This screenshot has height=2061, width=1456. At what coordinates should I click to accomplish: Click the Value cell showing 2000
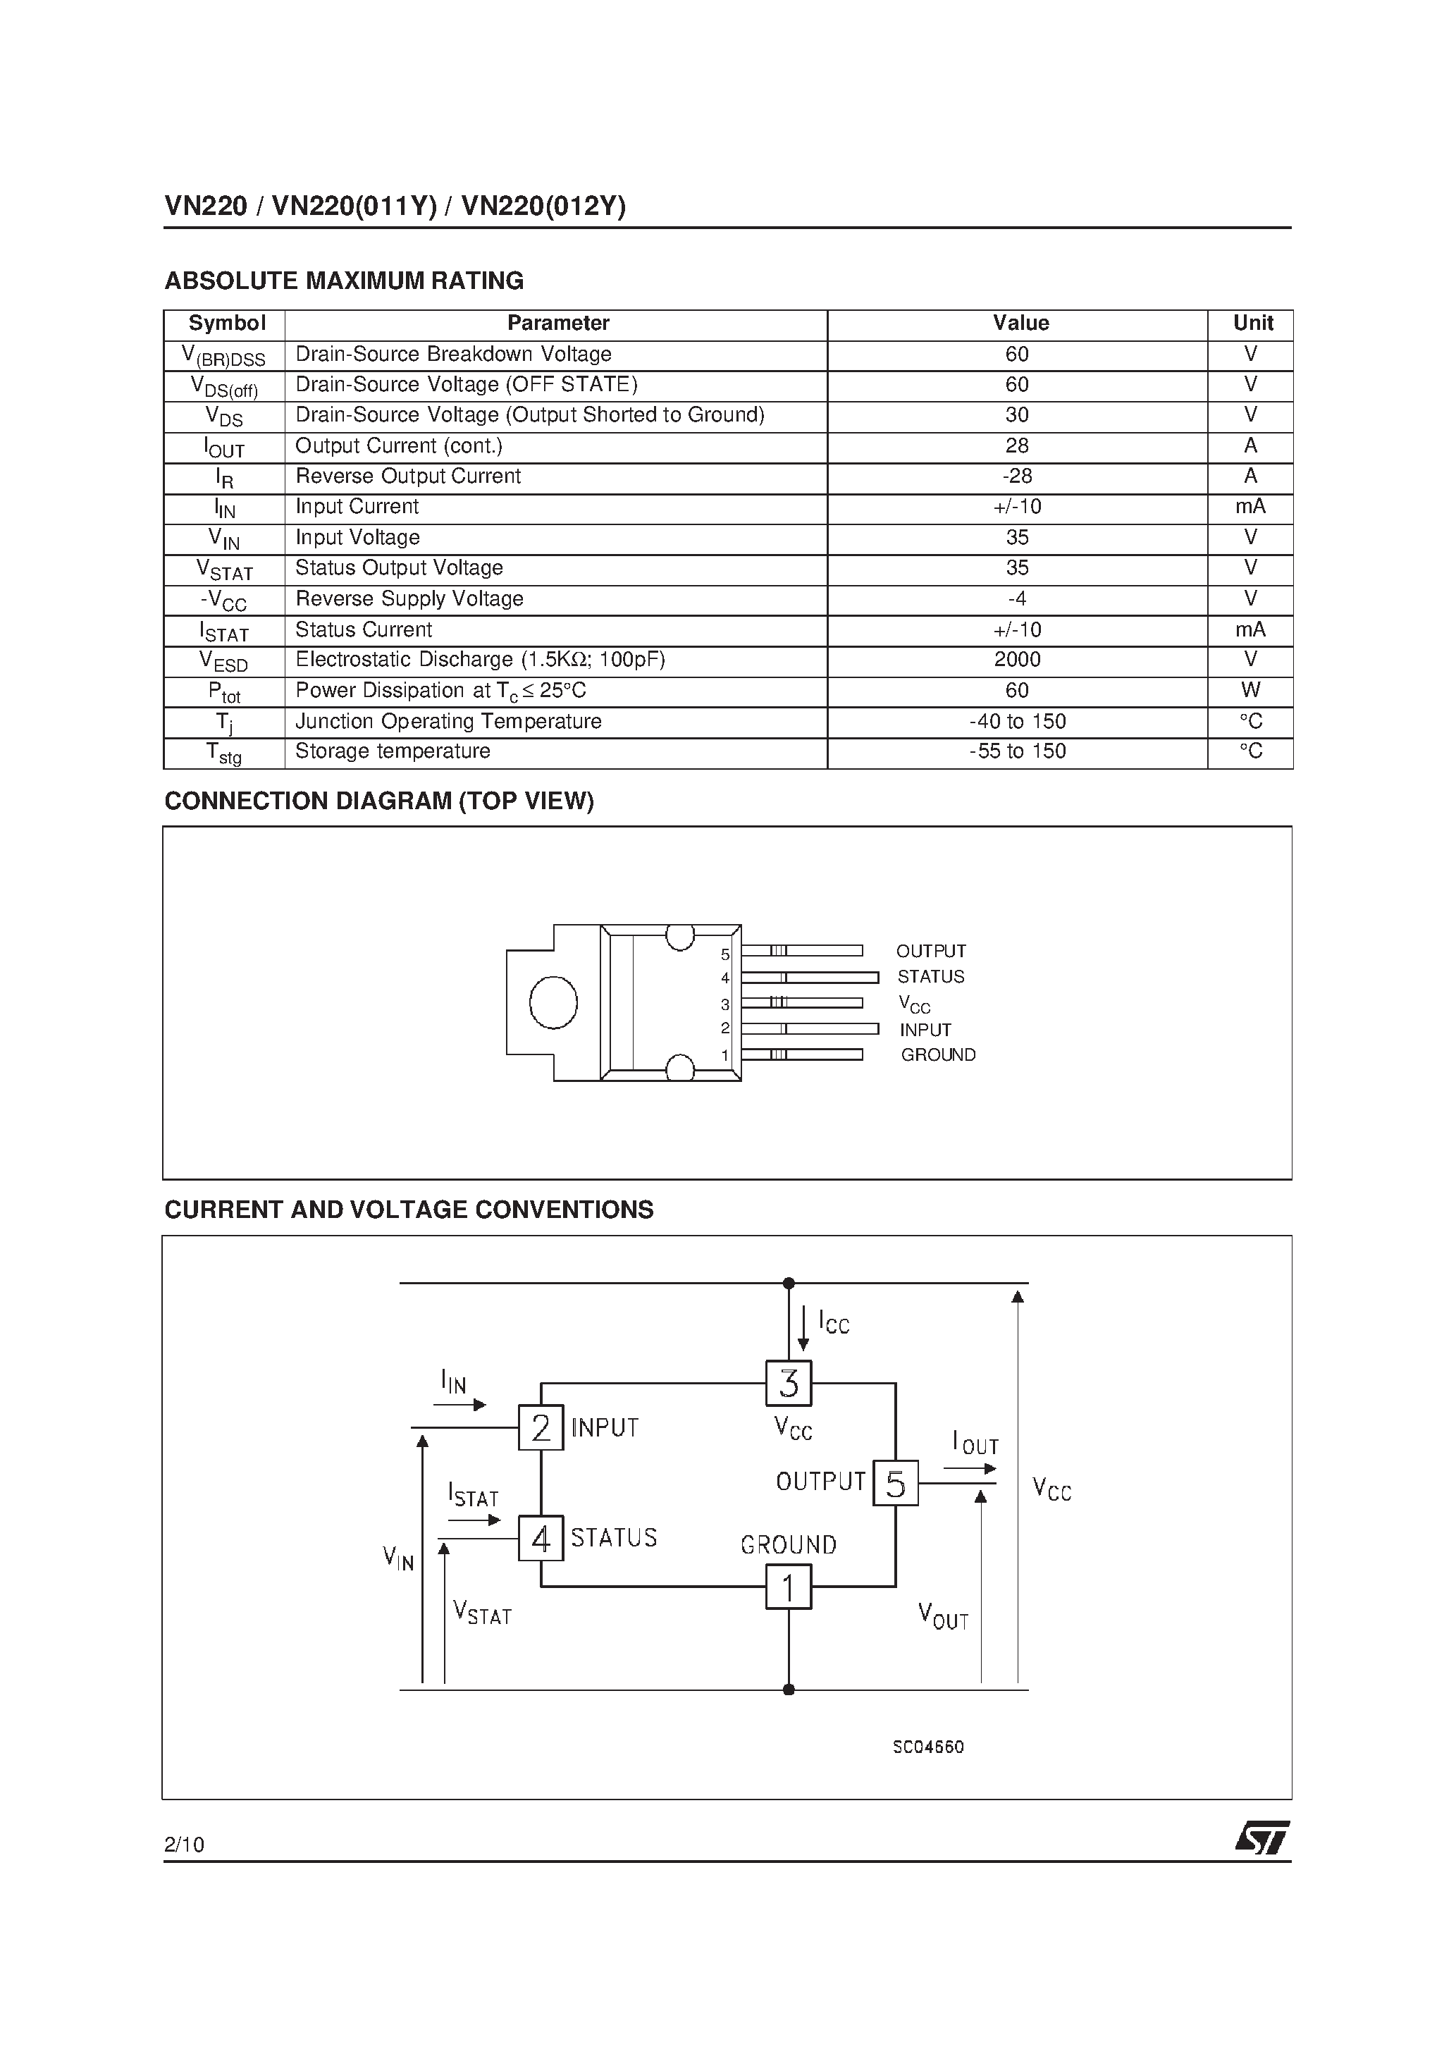point(1017,660)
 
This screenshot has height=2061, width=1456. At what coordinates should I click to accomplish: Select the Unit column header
point(1252,323)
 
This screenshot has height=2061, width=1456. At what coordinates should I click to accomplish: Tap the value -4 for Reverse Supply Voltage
point(1017,598)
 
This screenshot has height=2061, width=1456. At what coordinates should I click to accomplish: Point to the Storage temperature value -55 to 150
point(1017,751)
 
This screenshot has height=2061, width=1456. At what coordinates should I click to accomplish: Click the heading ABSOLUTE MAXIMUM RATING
point(344,281)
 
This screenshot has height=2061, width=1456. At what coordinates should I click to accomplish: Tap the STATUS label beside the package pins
point(931,977)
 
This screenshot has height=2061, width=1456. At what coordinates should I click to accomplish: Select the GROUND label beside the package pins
point(938,1054)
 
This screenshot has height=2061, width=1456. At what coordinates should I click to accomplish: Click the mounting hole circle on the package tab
point(553,1003)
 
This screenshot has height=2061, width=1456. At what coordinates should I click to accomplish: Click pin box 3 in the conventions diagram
point(788,1383)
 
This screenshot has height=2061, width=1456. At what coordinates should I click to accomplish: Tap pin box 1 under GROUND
point(788,1587)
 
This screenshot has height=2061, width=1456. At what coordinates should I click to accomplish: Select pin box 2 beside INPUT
point(541,1427)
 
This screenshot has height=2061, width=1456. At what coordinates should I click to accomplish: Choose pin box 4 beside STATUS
point(541,1539)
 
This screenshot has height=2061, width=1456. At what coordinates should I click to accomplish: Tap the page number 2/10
point(184,1845)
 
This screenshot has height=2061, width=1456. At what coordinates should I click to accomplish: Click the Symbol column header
point(226,323)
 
